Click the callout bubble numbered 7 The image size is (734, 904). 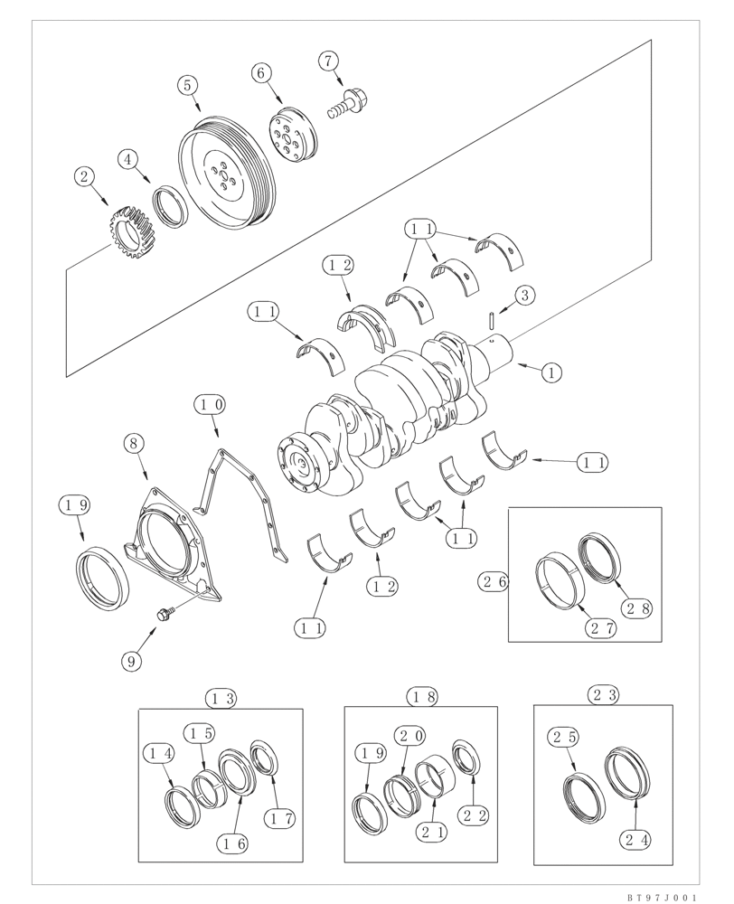[x=327, y=61]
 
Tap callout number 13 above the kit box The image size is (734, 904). [x=221, y=698]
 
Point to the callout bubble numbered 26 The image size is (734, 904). [x=496, y=582]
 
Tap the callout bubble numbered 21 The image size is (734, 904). [x=434, y=833]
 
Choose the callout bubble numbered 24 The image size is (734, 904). [x=636, y=838]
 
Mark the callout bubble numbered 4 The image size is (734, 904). [x=130, y=159]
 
